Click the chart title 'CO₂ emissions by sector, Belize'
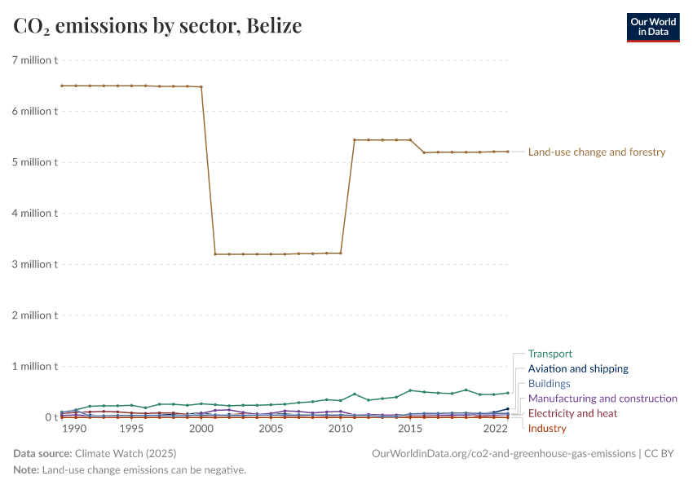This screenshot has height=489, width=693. click(x=157, y=26)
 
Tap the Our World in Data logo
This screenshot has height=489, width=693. click(x=652, y=26)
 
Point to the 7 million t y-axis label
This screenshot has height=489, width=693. click(x=33, y=60)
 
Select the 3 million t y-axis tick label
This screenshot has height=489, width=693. click(x=33, y=264)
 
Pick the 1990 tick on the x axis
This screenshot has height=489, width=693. click(x=75, y=429)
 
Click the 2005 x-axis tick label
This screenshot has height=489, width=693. click(x=271, y=429)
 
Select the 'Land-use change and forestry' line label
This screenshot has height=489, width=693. click(x=597, y=152)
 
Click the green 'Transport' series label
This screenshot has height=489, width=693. click(x=550, y=354)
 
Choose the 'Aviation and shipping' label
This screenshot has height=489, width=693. click(x=578, y=368)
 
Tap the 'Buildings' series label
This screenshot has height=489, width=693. click(x=549, y=383)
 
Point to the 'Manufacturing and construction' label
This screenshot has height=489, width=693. click(x=603, y=399)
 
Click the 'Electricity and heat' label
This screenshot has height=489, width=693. click(x=572, y=413)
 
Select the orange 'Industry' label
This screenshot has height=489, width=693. click(x=547, y=428)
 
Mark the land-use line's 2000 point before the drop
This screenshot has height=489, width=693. click(x=201, y=87)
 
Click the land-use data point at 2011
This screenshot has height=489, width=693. click(x=355, y=140)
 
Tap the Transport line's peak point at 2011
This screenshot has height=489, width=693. click(x=355, y=394)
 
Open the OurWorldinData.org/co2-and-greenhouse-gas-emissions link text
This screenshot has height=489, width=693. click(x=503, y=453)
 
